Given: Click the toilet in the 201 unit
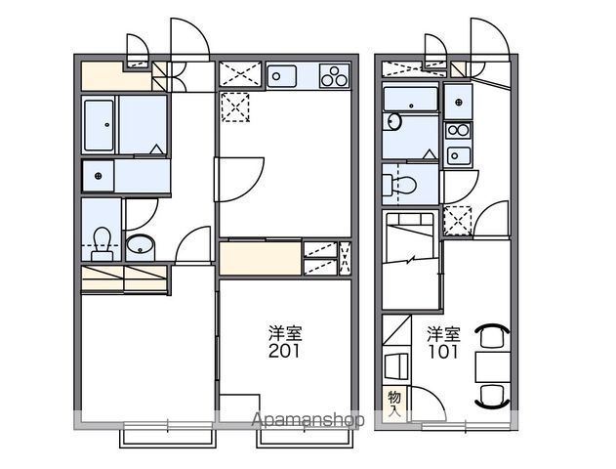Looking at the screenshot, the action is pos(102,243).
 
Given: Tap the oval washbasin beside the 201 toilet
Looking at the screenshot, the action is pos(140,245).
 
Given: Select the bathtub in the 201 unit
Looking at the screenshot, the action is pos(99,125).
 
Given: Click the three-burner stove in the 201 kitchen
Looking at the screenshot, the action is pos(334,75).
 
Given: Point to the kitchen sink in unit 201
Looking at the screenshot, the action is pos(281,75).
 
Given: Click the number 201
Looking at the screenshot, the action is pos(284,351).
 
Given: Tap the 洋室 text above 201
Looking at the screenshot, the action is pos(285,333).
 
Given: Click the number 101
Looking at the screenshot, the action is pos(443,351).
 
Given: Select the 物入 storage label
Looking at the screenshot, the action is pos(394,405).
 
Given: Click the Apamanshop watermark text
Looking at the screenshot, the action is pos(308,420).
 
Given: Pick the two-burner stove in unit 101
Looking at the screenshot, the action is pos(458,130).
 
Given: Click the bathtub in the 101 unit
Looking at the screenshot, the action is pos(411,99).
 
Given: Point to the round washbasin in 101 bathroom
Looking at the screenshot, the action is pos(392,121).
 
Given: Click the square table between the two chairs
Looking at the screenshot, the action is pos(493,367).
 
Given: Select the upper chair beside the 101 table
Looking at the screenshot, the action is pos(493,335).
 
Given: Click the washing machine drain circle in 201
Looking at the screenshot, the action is pos(99,176).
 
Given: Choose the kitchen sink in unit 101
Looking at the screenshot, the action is pos(458,155).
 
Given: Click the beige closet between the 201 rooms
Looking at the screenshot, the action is pos(260,258).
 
